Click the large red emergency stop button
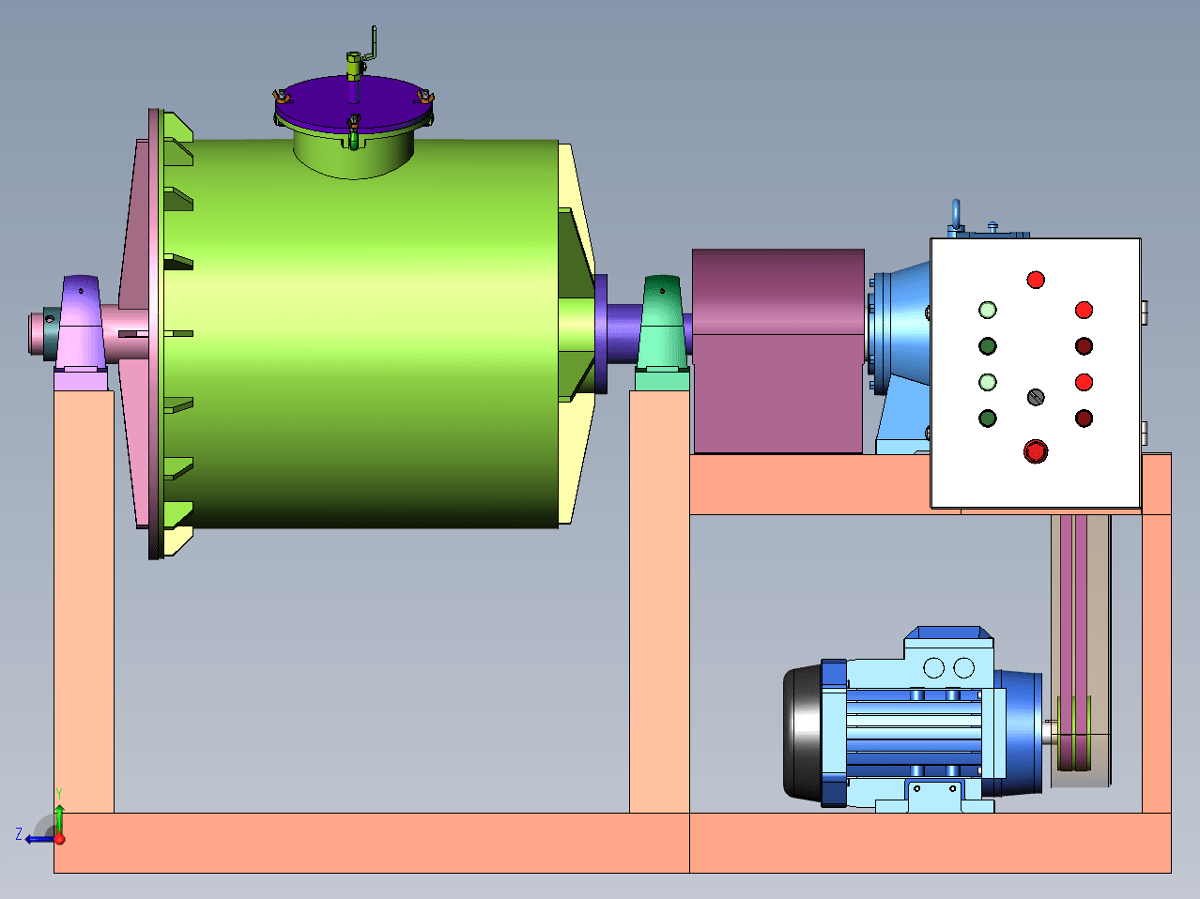click(x=1036, y=451)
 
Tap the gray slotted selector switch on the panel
click(x=1036, y=397)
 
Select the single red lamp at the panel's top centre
click(x=1036, y=281)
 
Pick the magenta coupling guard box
click(x=778, y=351)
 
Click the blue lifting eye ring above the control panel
click(x=956, y=215)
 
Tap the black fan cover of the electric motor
click(x=803, y=734)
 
